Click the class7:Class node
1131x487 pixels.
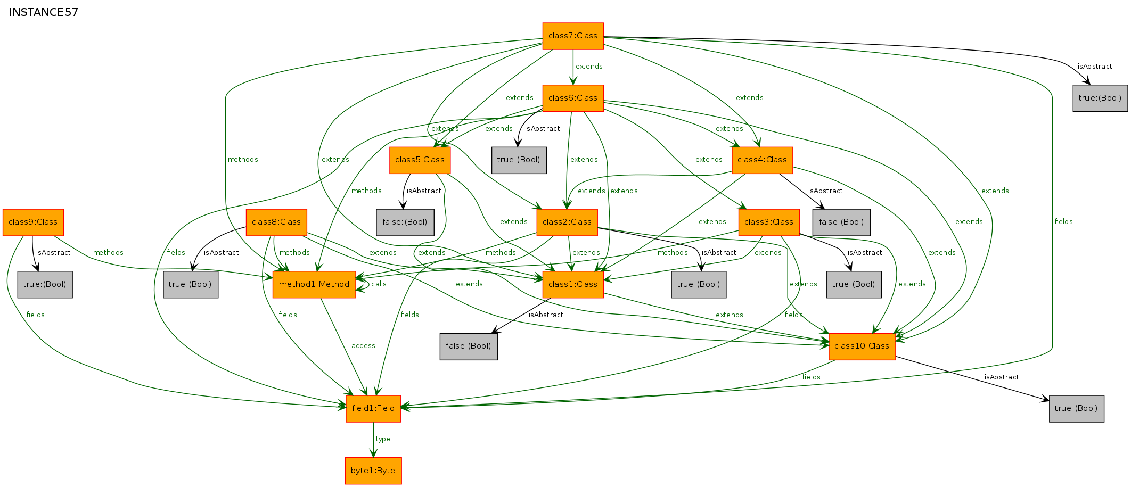tap(573, 36)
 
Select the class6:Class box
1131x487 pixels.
tap(573, 98)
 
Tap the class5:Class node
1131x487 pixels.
tap(420, 160)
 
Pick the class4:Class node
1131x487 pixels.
tap(763, 160)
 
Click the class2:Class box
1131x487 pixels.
tap(567, 222)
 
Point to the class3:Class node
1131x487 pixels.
tap(769, 222)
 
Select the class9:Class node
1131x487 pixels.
tap(33, 222)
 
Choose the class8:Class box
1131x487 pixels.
tap(276, 222)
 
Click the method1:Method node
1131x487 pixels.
tap(314, 285)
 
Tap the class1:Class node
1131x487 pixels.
tap(573, 285)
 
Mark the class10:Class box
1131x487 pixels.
tap(862, 346)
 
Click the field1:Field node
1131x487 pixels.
tap(373, 409)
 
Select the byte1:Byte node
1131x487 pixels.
tap(373, 471)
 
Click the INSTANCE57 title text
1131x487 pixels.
tap(44, 12)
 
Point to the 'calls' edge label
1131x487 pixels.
tap(379, 284)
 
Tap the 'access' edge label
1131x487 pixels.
tap(363, 346)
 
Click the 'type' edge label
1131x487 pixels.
tap(383, 439)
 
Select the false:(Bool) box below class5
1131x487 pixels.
tap(405, 222)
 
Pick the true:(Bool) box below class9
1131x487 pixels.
tap(45, 285)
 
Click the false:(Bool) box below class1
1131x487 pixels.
tap(469, 346)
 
